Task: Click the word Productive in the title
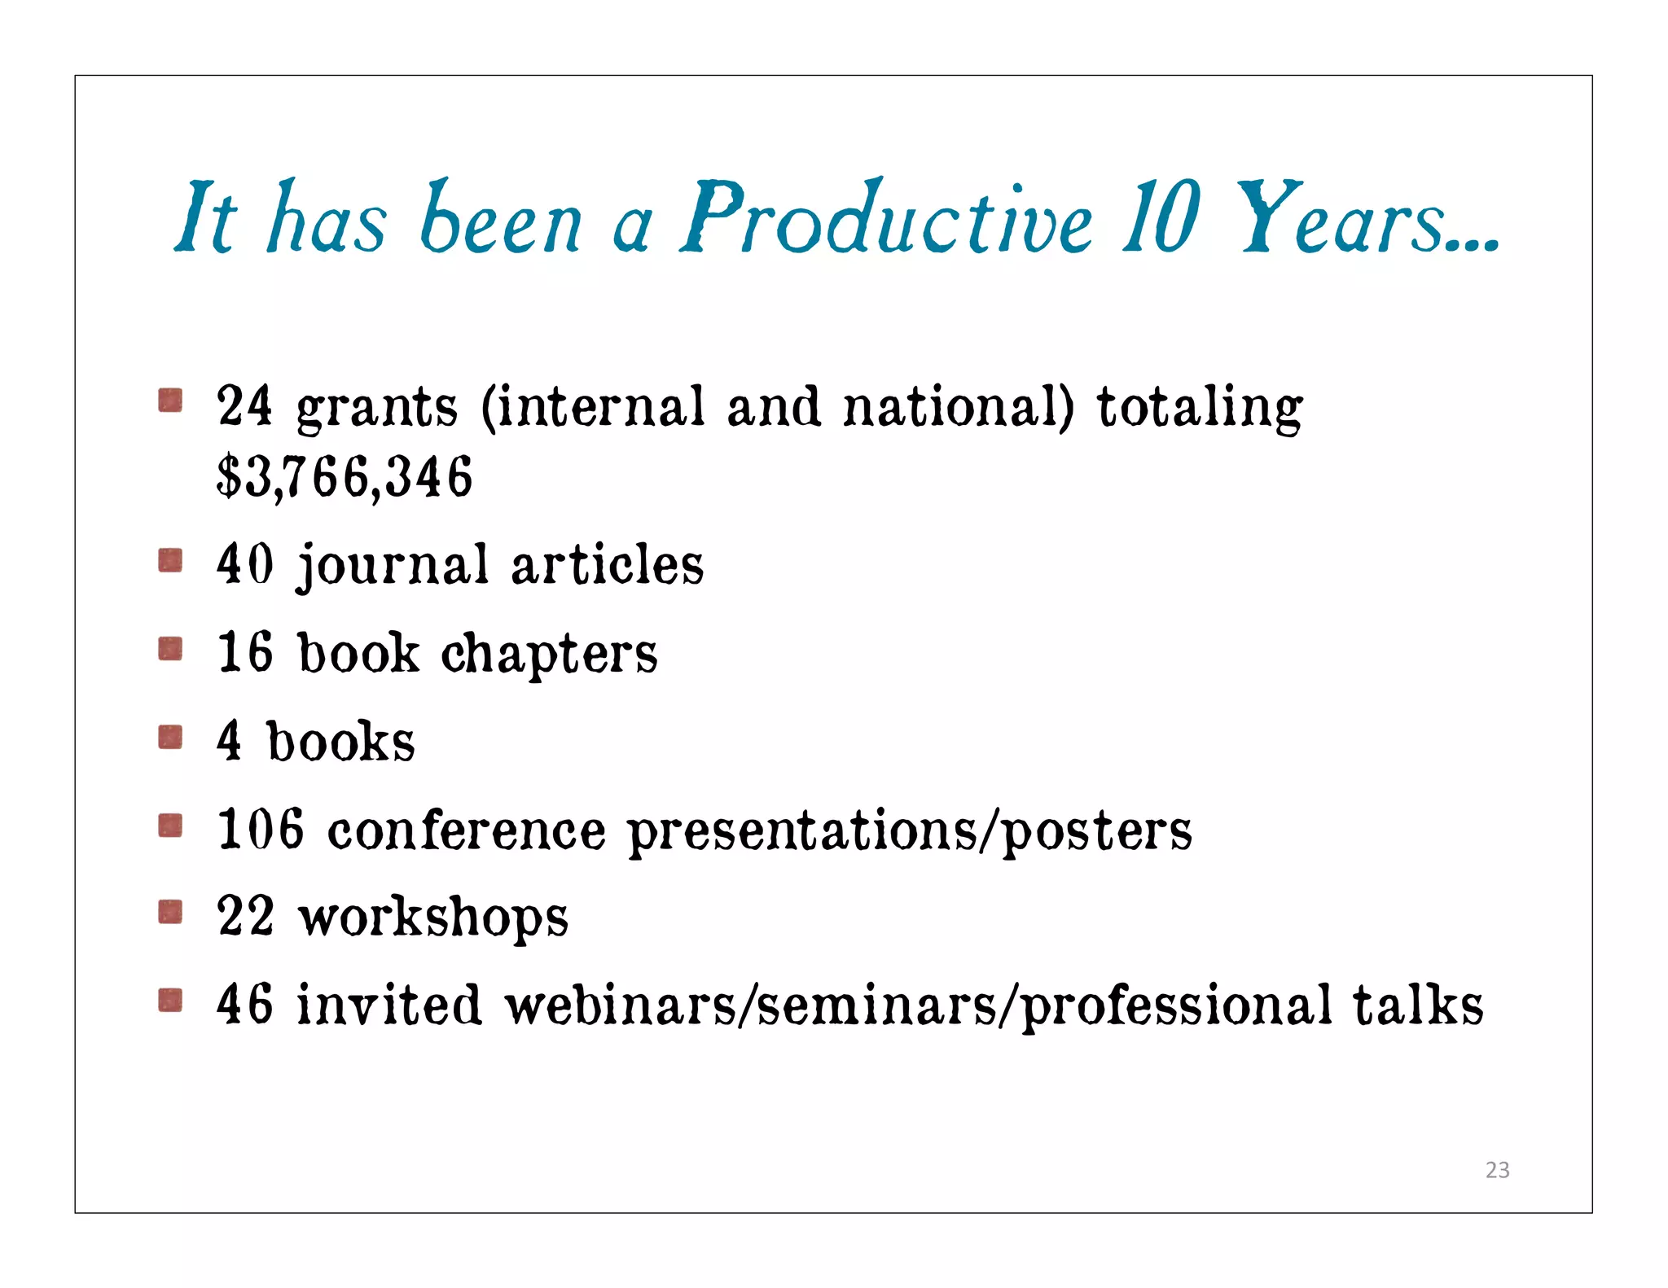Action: (885, 218)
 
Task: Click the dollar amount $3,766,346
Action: (345, 477)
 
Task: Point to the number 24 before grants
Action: (244, 405)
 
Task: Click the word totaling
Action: (1199, 407)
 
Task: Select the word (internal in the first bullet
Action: (592, 405)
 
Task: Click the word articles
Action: (607, 564)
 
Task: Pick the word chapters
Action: (549, 654)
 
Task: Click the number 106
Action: (261, 829)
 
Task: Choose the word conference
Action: (467, 830)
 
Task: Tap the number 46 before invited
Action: (244, 1004)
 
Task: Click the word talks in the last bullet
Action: (1418, 1004)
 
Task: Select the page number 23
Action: (1497, 1170)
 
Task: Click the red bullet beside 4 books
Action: (170, 738)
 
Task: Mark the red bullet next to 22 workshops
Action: (170, 912)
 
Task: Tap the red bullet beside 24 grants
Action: (170, 401)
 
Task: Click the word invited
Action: (388, 1004)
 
